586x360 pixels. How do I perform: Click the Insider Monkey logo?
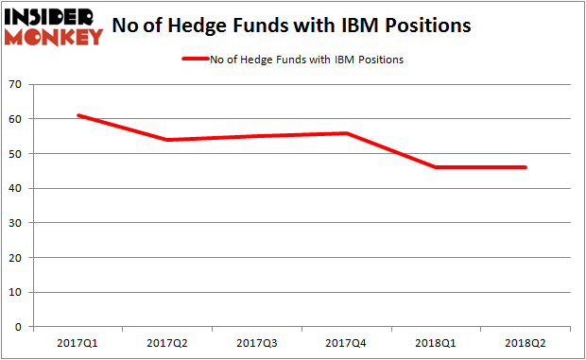click(54, 26)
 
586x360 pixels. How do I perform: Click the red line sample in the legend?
click(203, 59)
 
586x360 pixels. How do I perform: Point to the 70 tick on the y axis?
click(16, 85)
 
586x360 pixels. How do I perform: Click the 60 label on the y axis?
click(16, 119)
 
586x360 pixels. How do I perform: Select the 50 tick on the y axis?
click(16, 154)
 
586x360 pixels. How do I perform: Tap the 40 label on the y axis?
click(16, 188)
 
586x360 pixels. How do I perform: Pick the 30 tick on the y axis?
click(16, 223)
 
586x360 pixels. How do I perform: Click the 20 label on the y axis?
click(16, 257)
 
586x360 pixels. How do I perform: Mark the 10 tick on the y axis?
click(16, 292)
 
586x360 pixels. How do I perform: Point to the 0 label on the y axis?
click(20, 326)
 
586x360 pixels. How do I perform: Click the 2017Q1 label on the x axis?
click(77, 342)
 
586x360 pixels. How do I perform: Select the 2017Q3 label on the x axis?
click(256, 342)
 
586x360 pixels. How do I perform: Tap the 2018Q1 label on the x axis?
click(436, 342)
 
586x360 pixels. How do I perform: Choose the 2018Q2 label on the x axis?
click(526, 342)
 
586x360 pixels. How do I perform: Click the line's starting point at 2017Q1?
click(78, 115)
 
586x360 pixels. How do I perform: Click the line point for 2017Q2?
click(167, 140)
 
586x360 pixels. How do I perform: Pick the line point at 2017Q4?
click(347, 133)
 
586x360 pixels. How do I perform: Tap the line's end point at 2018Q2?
click(526, 167)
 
